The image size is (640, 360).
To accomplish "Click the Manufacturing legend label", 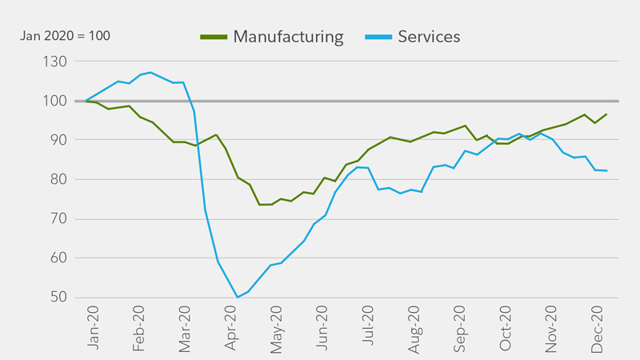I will click(x=288, y=37).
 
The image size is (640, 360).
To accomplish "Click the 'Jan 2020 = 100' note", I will click(x=66, y=36).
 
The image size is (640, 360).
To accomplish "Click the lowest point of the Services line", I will click(x=237, y=297).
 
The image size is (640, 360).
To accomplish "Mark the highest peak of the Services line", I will click(x=150, y=72).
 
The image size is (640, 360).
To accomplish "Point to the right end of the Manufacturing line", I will click(x=606, y=114).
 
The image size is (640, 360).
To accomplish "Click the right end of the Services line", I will click(x=606, y=170).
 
